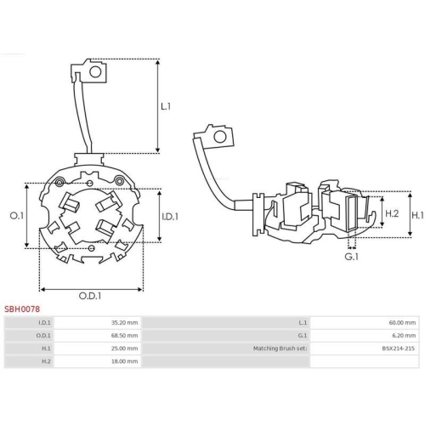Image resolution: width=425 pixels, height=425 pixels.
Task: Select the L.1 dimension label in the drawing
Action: coord(166,106)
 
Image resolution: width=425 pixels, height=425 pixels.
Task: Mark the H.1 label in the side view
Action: coord(417,216)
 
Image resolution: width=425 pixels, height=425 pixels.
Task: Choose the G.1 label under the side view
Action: coord(350,255)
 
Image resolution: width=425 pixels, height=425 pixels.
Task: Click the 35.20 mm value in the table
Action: coord(124,323)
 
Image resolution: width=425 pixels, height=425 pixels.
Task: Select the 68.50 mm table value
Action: coord(124,336)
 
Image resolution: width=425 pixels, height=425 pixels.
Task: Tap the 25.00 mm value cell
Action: coord(124,348)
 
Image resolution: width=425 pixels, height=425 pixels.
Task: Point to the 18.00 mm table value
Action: coord(124,361)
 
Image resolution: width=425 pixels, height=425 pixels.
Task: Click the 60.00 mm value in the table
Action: coord(402,323)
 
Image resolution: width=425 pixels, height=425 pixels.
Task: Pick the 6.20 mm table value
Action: coord(404,336)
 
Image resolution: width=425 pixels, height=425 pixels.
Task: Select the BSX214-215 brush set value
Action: coord(398,348)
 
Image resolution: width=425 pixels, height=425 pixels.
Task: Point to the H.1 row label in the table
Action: coord(46,348)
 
